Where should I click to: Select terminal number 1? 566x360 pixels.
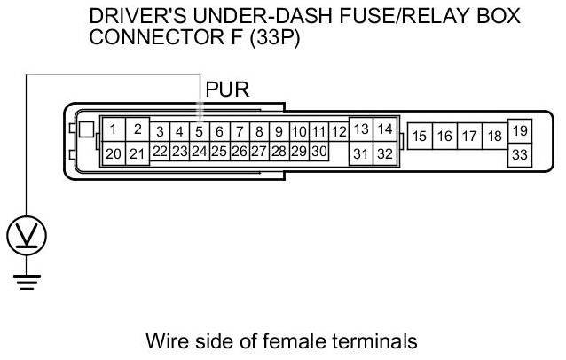click(x=113, y=129)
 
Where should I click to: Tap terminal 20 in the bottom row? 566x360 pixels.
click(x=113, y=153)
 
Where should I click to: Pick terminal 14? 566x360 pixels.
click(x=384, y=129)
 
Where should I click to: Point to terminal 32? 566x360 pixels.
click(x=384, y=153)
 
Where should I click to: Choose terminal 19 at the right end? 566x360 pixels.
click(x=520, y=131)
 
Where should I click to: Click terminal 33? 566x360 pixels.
click(x=520, y=154)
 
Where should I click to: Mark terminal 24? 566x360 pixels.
click(x=200, y=152)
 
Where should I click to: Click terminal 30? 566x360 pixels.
click(x=318, y=152)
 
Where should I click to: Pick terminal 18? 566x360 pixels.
click(x=495, y=137)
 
